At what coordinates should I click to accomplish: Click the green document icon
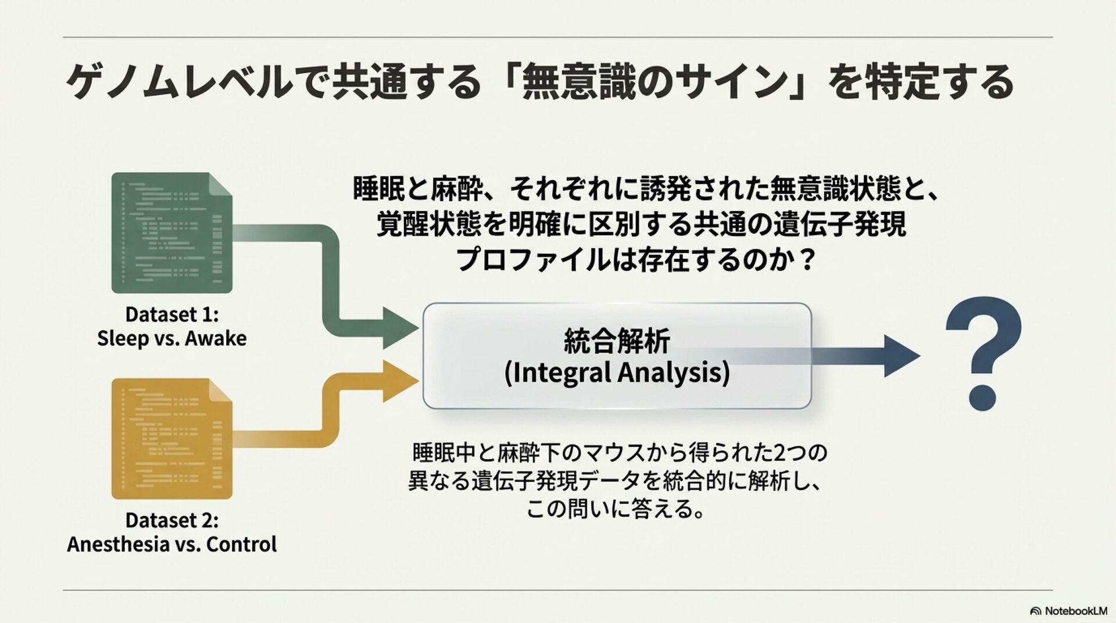171,232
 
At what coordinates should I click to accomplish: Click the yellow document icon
171,439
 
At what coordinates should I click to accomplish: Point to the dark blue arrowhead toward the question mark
901,356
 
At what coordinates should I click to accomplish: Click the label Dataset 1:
172,314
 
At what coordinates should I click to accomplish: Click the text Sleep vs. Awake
172,338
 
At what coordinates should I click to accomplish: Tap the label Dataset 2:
172,520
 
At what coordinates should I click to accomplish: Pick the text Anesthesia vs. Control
172,545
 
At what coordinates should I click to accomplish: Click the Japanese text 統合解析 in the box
617,341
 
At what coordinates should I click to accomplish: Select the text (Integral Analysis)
617,373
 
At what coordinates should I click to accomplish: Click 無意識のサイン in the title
654,82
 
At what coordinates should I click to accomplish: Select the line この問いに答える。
616,509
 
